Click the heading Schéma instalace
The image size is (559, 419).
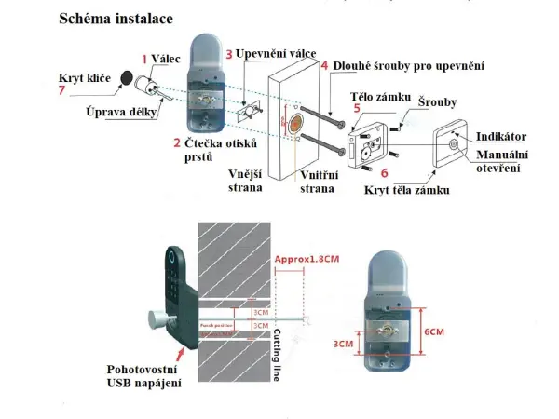[x=116, y=19]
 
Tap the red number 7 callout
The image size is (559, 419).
[x=61, y=90]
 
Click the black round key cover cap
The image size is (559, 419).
[x=125, y=81]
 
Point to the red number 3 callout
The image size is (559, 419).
[x=229, y=55]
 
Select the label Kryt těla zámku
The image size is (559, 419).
[x=407, y=190]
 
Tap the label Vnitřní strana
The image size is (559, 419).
[x=317, y=181]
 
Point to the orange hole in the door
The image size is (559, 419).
[x=295, y=125]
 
